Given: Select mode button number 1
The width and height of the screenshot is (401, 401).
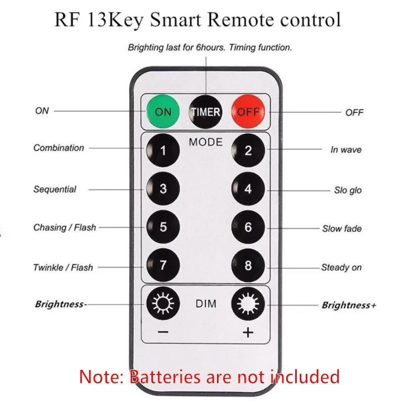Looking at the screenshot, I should pyautogui.click(x=163, y=150).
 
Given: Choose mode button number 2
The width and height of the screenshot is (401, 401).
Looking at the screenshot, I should pyautogui.click(x=248, y=150).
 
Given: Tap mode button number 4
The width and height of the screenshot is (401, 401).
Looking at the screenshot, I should pyautogui.click(x=248, y=189).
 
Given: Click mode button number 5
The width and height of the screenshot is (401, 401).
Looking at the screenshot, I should pyautogui.click(x=163, y=227).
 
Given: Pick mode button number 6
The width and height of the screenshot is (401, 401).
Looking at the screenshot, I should pyautogui.click(x=248, y=227).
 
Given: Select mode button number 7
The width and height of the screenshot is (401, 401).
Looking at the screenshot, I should pyautogui.click(x=163, y=265).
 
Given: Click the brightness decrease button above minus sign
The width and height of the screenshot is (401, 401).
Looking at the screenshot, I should pyautogui.click(x=163, y=304).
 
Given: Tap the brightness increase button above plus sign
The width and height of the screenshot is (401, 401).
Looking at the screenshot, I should pyautogui.click(x=248, y=304).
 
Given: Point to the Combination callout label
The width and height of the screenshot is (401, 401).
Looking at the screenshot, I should pyautogui.click(x=59, y=148).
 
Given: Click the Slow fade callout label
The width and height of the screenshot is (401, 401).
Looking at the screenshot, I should pyautogui.click(x=341, y=229).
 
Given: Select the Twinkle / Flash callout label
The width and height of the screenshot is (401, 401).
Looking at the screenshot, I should pyautogui.click(x=63, y=267).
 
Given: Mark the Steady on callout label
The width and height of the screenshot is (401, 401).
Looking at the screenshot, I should pyautogui.click(x=341, y=268).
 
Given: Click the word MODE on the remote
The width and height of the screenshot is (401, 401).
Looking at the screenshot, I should pyautogui.click(x=206, y=142).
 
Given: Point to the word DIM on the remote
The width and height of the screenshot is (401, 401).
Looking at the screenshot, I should pyautogui.click(x=206, y=304).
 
